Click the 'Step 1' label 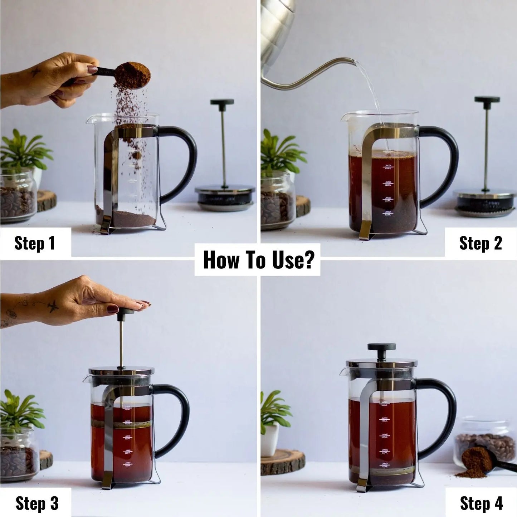click(35, 243)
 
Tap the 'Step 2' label click(481, 243)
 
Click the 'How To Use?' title click(258, 260)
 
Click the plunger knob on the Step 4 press click(382, 347)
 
